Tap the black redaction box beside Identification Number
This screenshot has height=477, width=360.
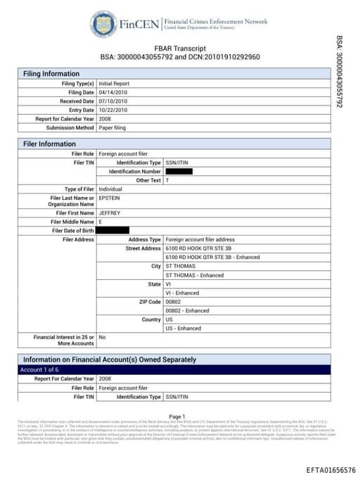tap(179, 172)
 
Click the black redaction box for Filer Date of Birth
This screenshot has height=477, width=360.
tap(112, 230)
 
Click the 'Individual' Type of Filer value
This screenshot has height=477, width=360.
tap(111, 189)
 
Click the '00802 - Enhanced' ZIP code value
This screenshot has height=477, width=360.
tap(188, 310)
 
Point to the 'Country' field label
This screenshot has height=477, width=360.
tap(152, 319)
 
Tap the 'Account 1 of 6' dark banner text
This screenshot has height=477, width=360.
tap(43, 369)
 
